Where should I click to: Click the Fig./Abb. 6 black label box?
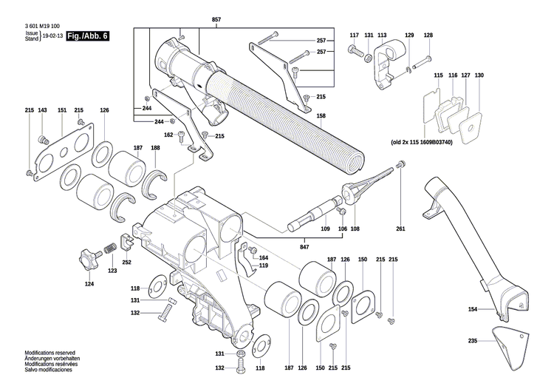(87, 36)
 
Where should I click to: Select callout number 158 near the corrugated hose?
(321, 116)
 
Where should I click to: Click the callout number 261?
(400, 229)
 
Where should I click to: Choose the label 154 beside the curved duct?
(472, 309)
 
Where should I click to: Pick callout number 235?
(472, 341)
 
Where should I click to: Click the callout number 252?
(126, 263)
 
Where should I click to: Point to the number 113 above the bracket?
(382, 36)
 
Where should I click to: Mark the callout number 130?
(479, 75)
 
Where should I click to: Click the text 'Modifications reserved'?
(50, 354)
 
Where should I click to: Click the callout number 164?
(264, 257)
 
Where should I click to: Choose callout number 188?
(155, 149)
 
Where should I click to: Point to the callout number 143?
(42, 110)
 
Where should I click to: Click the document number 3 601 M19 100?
(52, 27)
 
